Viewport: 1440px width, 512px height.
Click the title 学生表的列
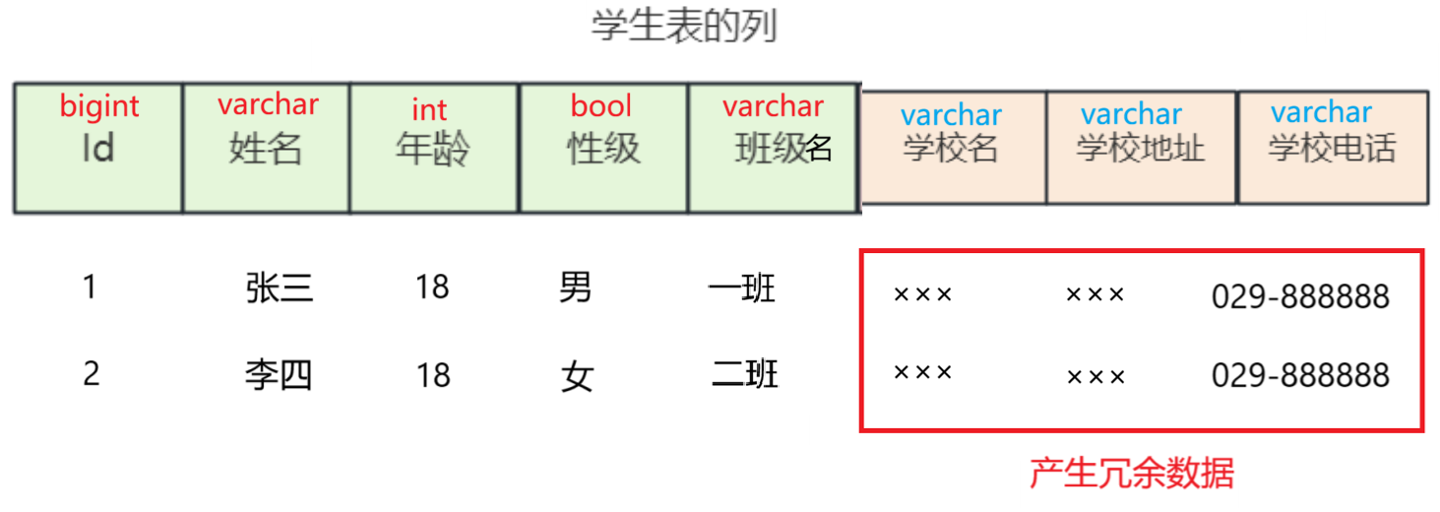pyautogui.click(x=684, y=27)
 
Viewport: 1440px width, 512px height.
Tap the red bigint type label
pyautogui.click(x=99, y=106)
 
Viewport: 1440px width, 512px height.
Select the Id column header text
pyautogui.click(x=98, y=149)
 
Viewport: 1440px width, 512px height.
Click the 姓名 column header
pyautogui.click(x=266, y=149)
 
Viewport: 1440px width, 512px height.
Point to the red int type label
pyautogui.click(x=429, y=109)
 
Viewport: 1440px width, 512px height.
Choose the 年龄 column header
pyautogui.click(x=433, y=149)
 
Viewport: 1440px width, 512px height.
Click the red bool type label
pyautogui.click(x=601, y=106)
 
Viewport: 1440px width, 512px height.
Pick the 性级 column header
pyautogui.click(x=603, y=149)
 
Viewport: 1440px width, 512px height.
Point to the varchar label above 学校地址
pyautogui.click(x=1131, y=115)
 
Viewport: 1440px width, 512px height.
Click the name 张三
pyautogui.click(x=280, y=288)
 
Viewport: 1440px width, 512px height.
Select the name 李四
pyautogui.click(x=279, y=375)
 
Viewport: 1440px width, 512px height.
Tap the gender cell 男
pyautogui.click(x=576, y=288)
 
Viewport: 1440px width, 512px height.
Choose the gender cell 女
pyautogui.click(x=577, y=376)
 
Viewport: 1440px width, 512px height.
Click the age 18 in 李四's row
pyautogui.click(x=433, y=375)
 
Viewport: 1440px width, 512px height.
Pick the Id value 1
pyautogui.click(x=91, y=288)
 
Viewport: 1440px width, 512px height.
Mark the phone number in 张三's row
pyautogui.click(x=1300, y=296)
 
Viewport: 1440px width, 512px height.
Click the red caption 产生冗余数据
pyautogui.click(x=1132, y=475)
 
